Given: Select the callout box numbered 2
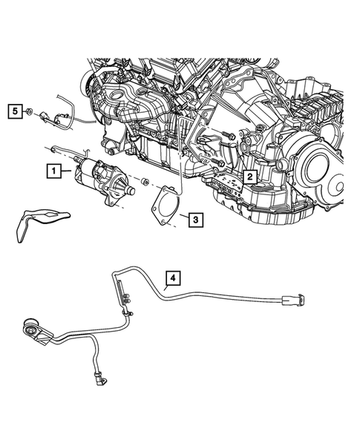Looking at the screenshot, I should [x=250, y=177].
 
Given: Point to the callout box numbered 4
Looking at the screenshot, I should [x=171, y=278].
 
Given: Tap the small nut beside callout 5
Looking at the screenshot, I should [x=28, y=112].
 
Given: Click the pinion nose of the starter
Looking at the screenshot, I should [x=131, y=189].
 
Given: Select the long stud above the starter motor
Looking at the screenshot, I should [x=71, y=154].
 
